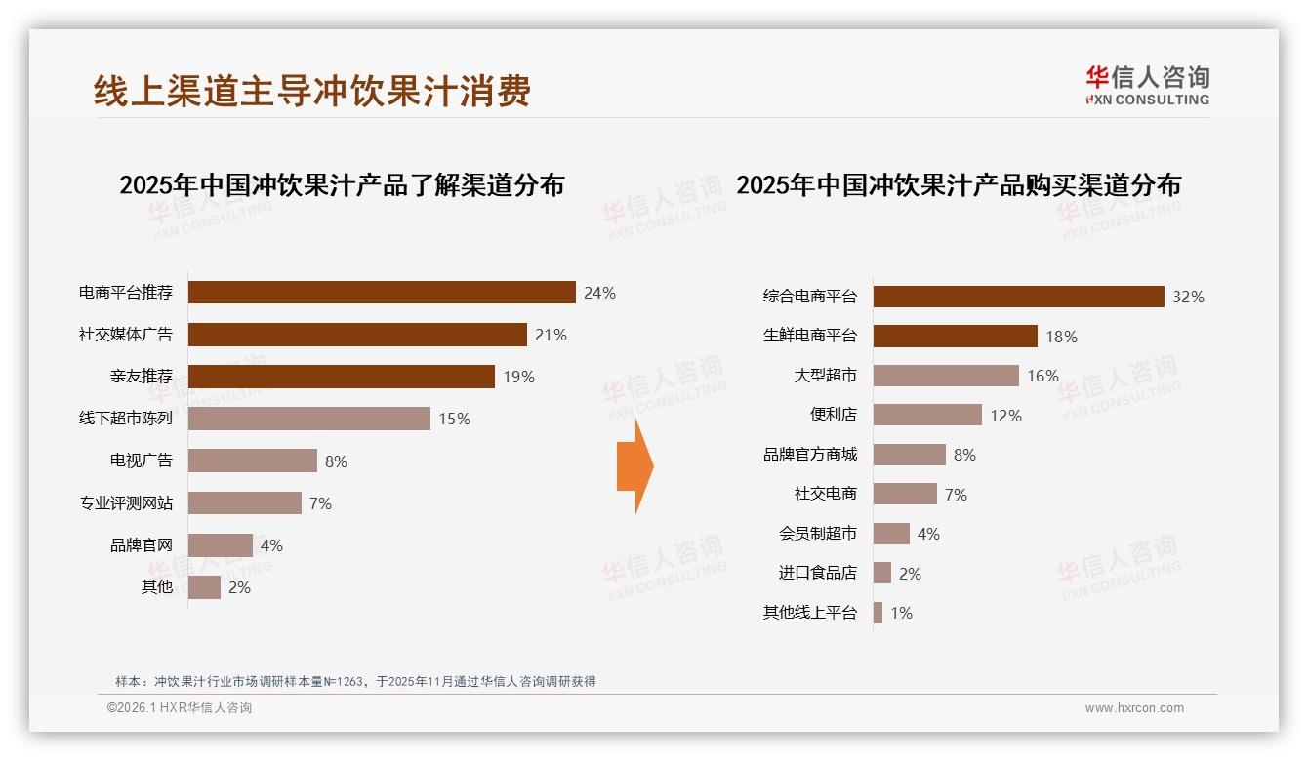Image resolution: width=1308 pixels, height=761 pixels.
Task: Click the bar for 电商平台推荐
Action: [381, 293]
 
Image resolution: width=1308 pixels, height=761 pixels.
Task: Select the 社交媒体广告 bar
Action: [357, 335]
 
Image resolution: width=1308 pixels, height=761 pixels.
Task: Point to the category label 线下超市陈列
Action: [126, 419]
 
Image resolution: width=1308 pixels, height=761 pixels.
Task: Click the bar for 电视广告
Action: [252, 461]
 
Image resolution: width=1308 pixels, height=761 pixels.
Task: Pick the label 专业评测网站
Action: [126, 503]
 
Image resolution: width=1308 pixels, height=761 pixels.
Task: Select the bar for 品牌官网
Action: [220, 545]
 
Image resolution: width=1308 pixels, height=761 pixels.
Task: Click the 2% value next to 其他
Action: [239, 587]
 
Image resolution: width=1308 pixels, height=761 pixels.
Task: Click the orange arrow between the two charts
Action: [634, 466]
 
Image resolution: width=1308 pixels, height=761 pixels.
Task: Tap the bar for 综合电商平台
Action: [1018, 297]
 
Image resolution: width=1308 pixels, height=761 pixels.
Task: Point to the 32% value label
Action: [1188, 297]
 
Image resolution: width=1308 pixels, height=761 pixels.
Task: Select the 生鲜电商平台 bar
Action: [955, 337]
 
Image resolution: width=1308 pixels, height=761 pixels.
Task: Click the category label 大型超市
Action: [825, 376]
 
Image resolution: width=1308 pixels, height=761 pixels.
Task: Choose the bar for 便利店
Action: [927, 415]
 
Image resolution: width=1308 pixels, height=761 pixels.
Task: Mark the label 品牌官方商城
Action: [809, 455]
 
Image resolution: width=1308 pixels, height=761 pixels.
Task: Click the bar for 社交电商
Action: [905, 495]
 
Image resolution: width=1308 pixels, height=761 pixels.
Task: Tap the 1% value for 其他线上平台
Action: [901, 614]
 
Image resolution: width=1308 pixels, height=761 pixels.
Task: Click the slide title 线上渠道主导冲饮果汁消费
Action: [312, 91]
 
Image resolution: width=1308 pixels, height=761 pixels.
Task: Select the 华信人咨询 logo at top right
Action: [1147, 85]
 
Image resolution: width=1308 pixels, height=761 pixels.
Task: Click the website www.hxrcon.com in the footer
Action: [1134, 708]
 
